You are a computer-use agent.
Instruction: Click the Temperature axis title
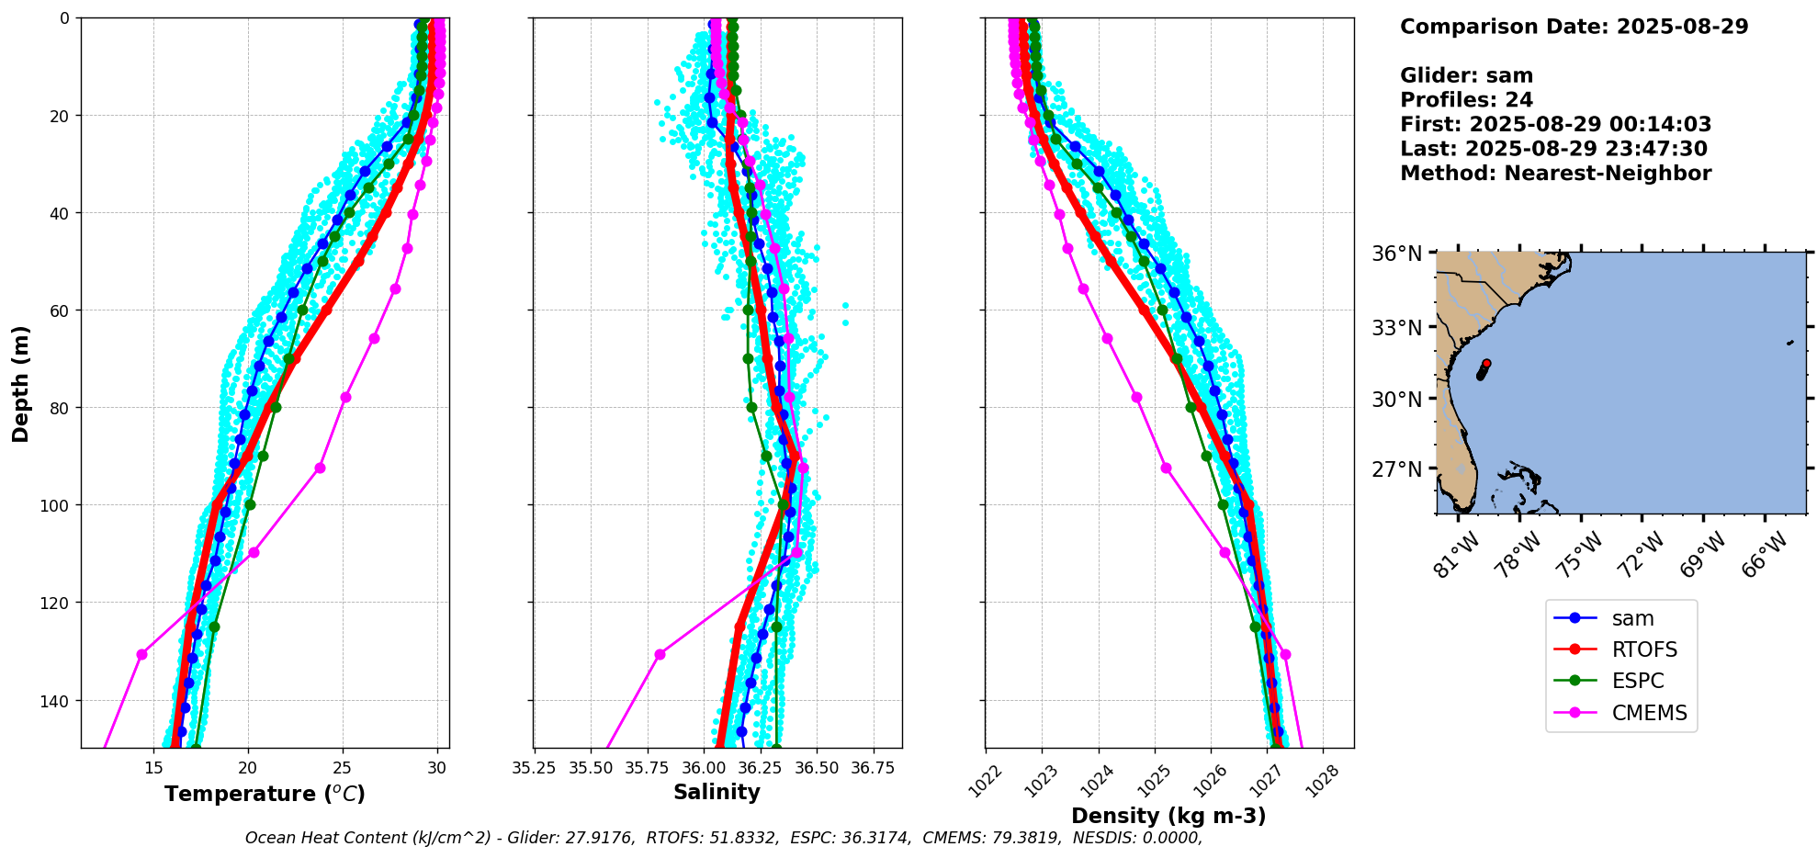[265, 794]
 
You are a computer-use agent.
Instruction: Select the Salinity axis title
[717, 792]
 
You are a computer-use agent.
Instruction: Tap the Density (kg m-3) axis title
[1168, 816]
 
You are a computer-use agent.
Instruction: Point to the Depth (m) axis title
[20, 383]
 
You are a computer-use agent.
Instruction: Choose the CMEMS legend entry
[1649, 713]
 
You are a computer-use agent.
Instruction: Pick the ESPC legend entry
[1637, 681]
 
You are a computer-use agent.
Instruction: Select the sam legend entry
[1632, 619]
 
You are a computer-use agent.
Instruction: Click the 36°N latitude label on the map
[1396, 254]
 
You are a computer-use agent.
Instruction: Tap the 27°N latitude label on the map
[1396, 469]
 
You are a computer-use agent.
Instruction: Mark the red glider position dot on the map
[1486, 364]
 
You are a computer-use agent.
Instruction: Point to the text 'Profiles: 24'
[1466, 100]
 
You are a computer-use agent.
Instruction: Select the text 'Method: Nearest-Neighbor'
[1555, 174]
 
